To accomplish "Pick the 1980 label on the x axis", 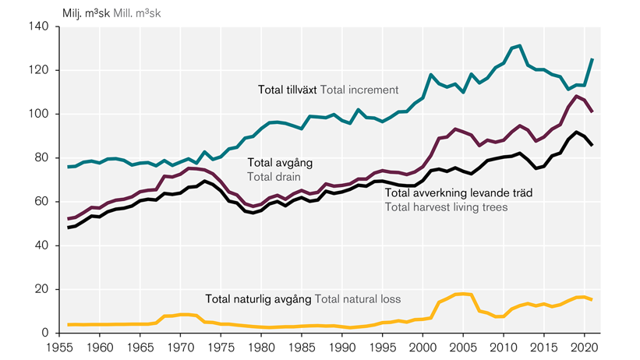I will pyautogui.click(x=261, y=348).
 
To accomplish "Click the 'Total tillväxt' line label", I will pyautogui.click(x=287, y=90).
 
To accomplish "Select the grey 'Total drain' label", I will pyautogui.click(x=274, y=178).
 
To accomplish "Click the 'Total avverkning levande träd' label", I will pyautogui.click(x=459, y=192).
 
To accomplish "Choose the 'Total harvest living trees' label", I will pyautogui.click(x=446, y=206).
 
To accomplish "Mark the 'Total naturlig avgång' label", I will pyautogui.click(x=258, y=298).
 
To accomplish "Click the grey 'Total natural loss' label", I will pyautogui.click(x=360, y=298).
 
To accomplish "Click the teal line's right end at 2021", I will pyautogui.click(x=592, y=59).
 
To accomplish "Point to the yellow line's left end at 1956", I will pyautogui.click(x=69, y=324).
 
